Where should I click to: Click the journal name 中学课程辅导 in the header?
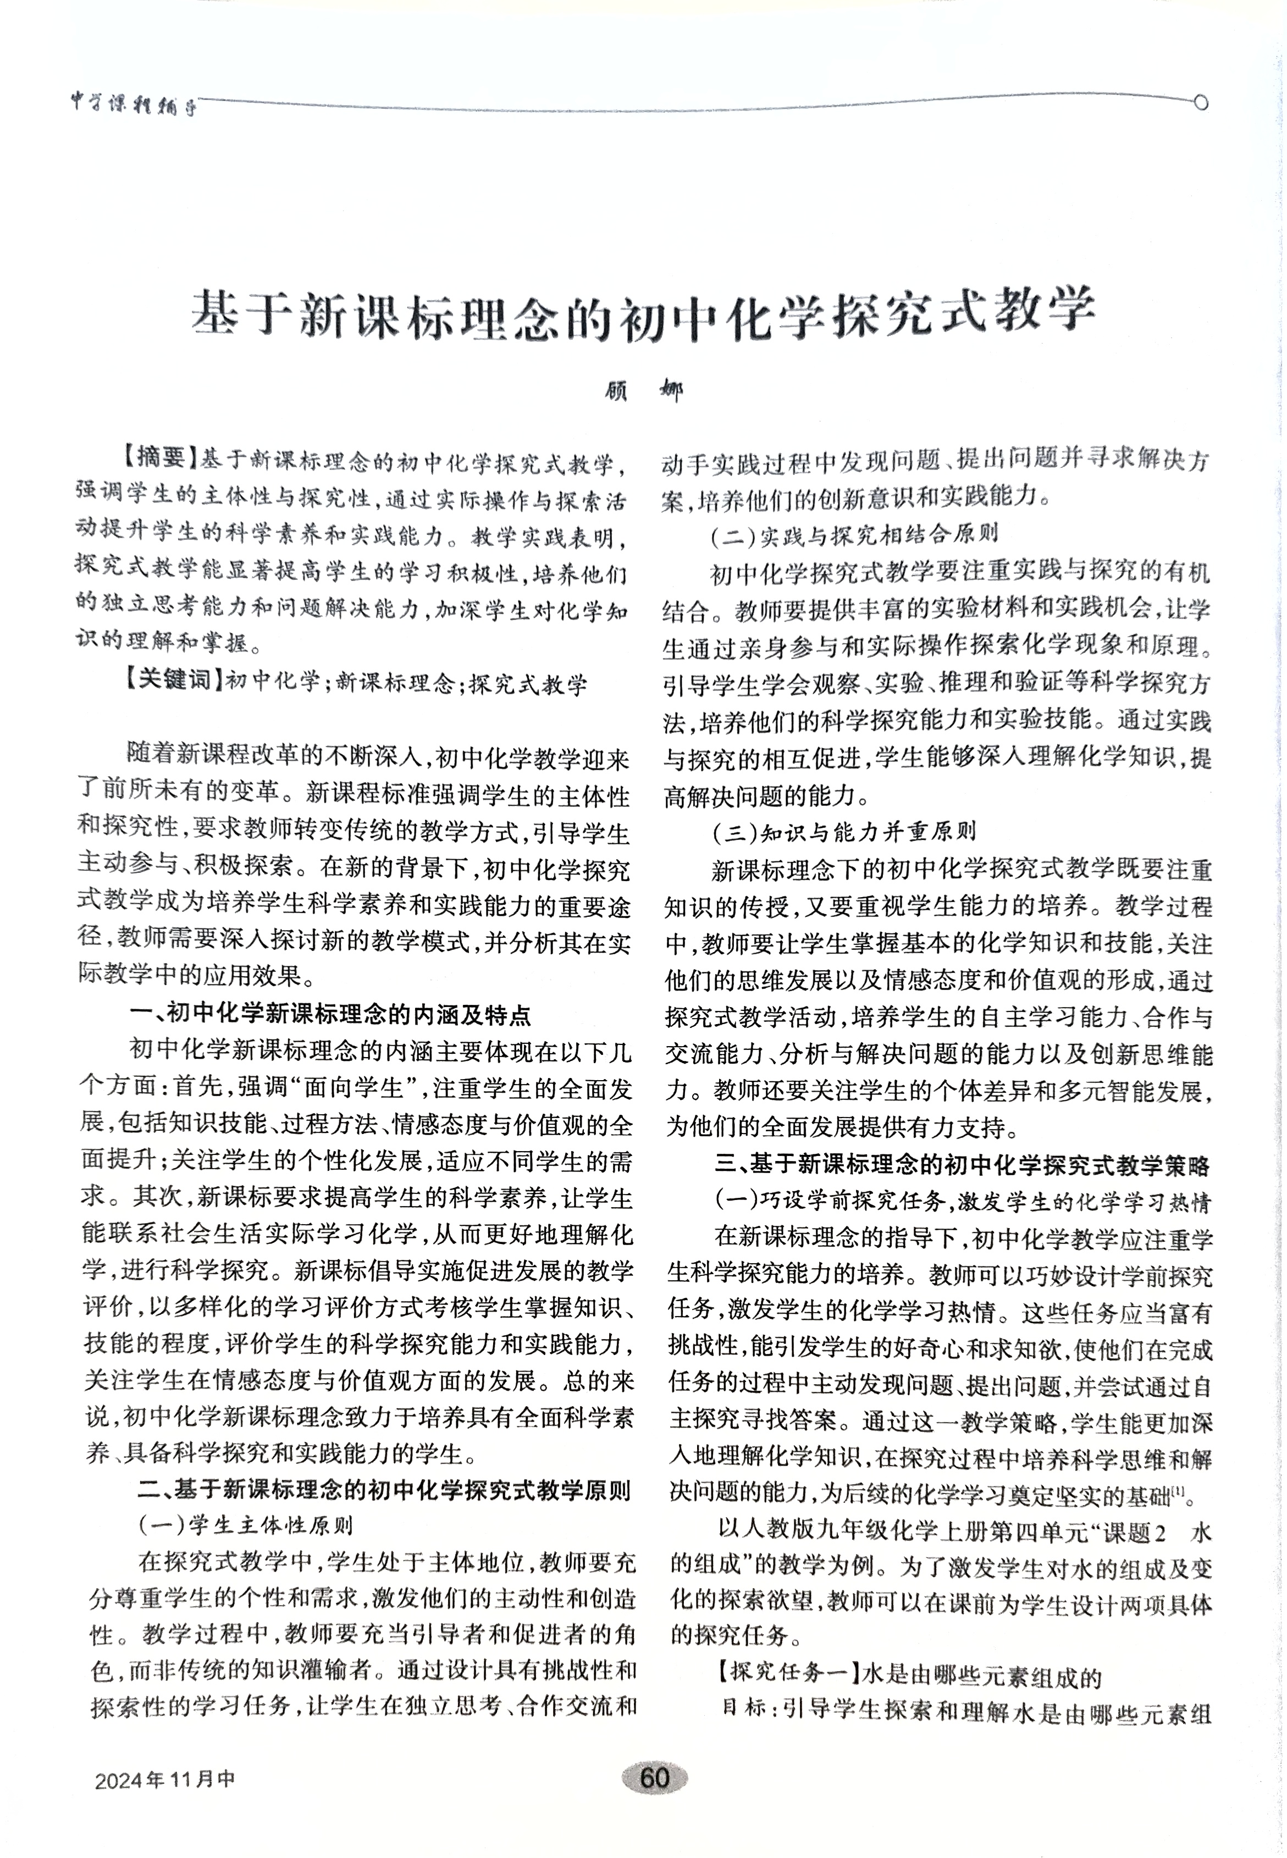click(134, 106)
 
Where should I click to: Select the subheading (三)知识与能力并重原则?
click(843, 831)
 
